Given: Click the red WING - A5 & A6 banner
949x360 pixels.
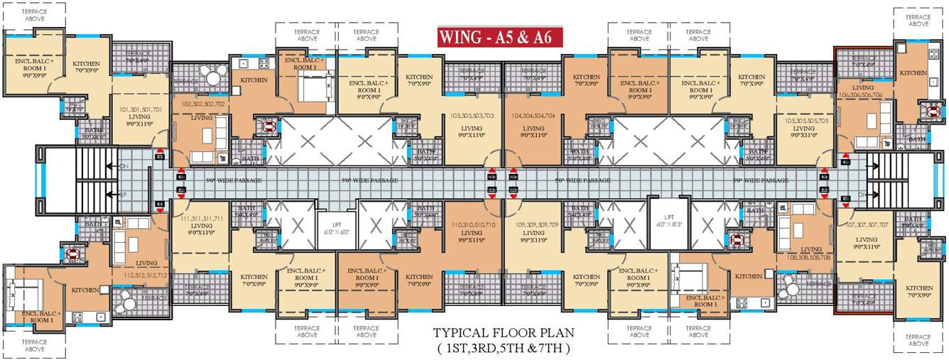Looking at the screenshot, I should coord(499,37).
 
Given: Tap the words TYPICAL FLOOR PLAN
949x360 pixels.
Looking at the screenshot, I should coord(504,333).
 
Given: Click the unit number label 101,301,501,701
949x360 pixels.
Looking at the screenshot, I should coord(141,110).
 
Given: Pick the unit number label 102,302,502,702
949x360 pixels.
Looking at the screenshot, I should coord(204,104).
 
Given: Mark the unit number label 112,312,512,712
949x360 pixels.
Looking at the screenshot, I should coord(146,275).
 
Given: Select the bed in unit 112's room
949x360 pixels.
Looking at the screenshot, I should coord(26,293).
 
